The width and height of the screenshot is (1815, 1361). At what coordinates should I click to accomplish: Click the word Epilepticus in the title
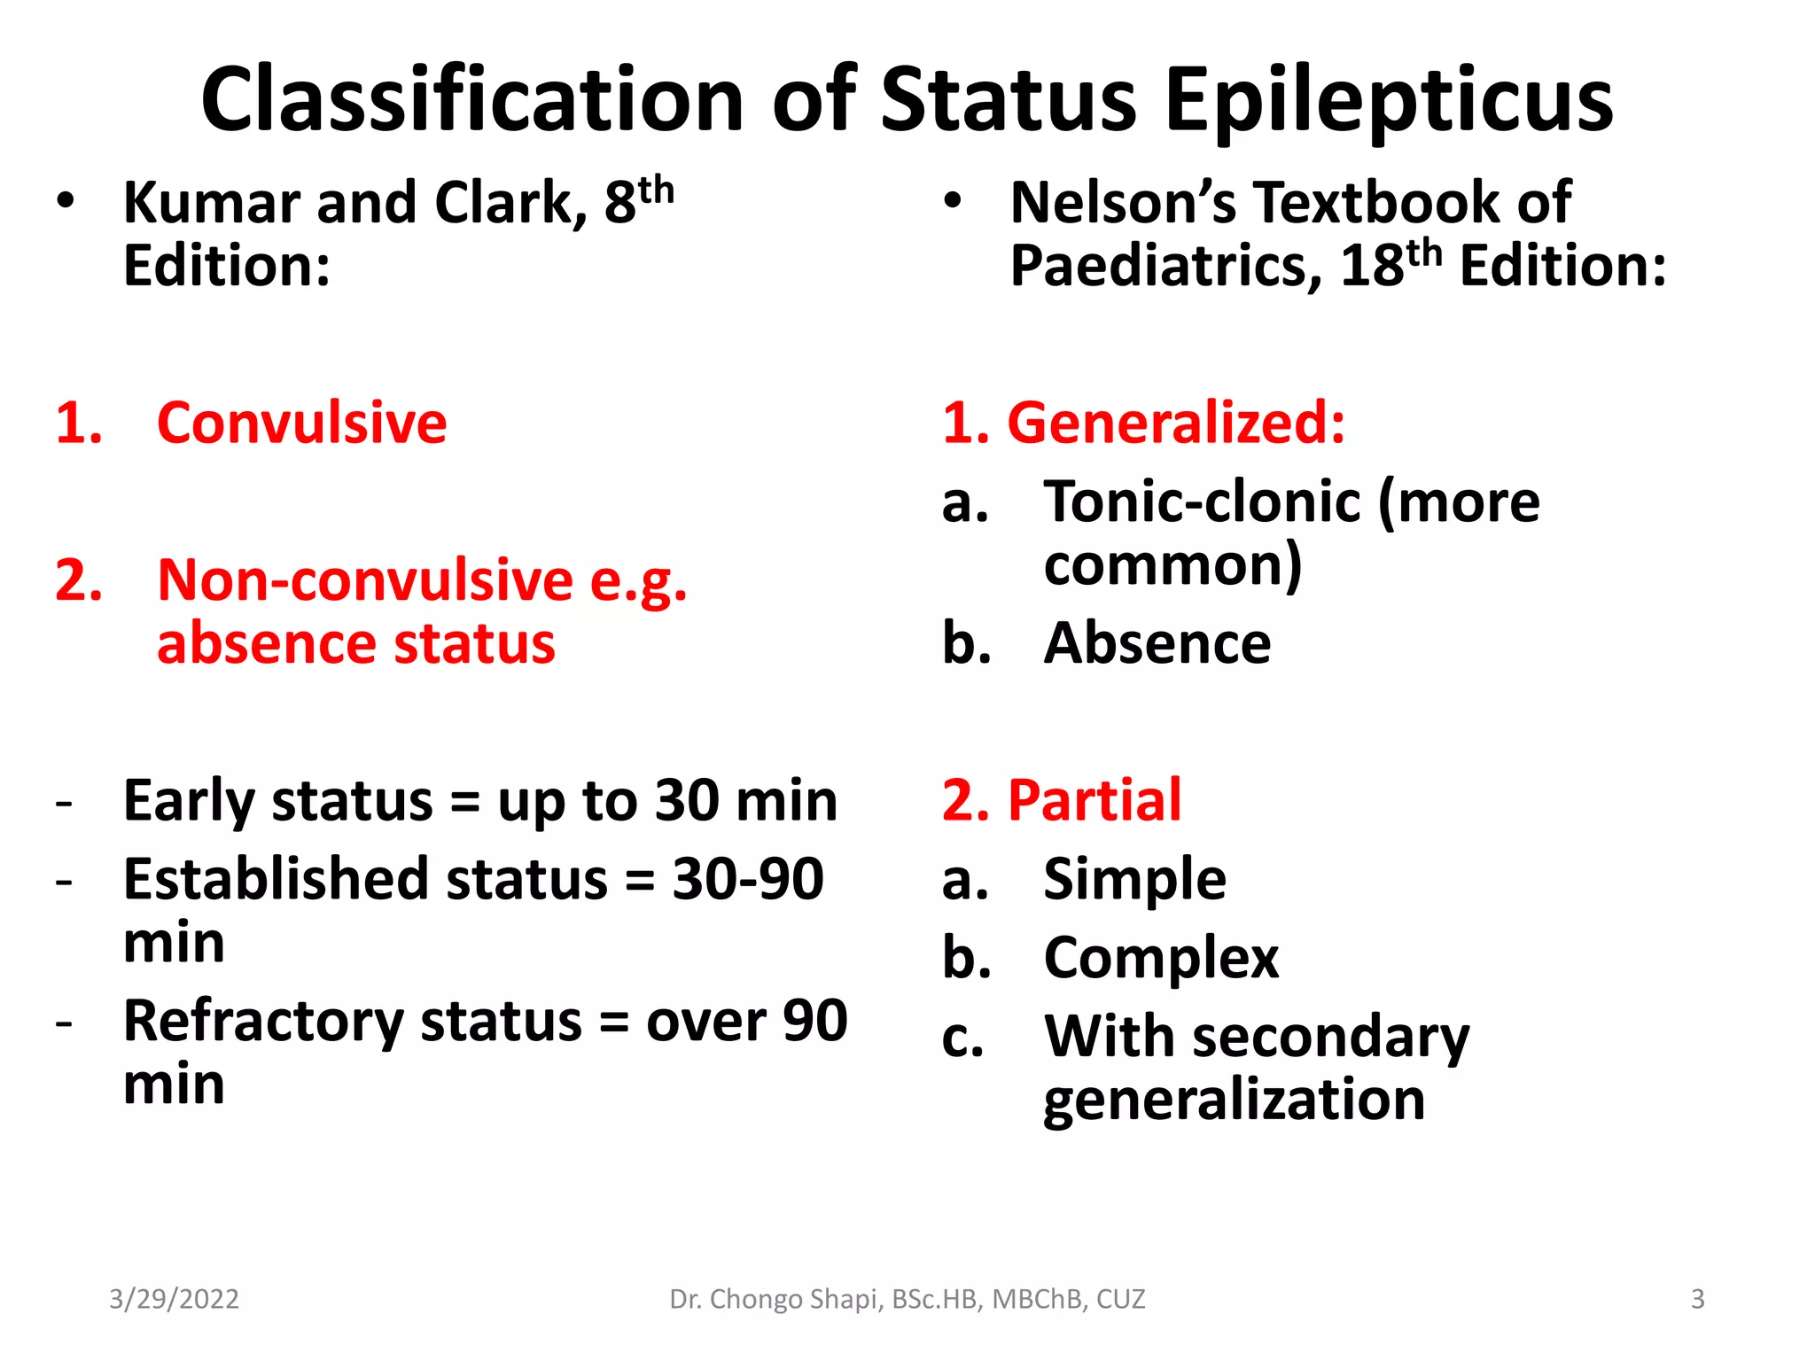click(x=1389, y=100)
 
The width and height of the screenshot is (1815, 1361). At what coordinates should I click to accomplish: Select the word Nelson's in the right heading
click(x=1123, y=203)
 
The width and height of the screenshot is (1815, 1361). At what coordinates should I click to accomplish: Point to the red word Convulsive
click(x=301, y=423)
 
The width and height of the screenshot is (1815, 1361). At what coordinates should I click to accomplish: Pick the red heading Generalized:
click(x=1176, y=423)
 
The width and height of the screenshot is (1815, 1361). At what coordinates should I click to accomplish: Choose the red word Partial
click(x=1094, y=800)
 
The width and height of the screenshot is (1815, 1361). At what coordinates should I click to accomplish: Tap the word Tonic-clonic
click(x=1202, y=502)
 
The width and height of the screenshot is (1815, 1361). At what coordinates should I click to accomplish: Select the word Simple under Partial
click(x=1135, y=879)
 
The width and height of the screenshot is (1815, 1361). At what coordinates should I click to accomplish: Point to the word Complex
click(x=1161, y=959)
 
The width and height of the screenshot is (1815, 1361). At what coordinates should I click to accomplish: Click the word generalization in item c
click(x=1235, y=1100)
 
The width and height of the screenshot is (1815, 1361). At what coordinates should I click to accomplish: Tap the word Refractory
click(x=263, y=1022)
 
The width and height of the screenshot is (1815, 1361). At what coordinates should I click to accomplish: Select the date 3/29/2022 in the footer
click(x=174, y=1299)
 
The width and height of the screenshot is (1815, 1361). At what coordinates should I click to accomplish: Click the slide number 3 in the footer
click(x=1697, y=1299)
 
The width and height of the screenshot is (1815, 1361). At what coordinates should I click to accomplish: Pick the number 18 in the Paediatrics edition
click(x=1372, y=266)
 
